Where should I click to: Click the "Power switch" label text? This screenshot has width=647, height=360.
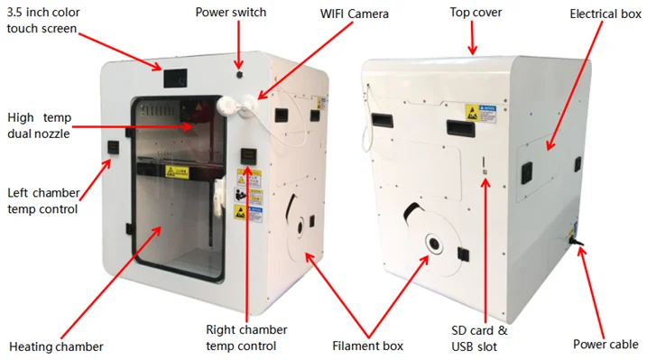[231, 14]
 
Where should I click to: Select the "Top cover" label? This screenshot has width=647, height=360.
[476, 13]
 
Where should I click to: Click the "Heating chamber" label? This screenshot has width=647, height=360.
[56, 346]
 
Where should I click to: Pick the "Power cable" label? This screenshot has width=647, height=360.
[605, 344]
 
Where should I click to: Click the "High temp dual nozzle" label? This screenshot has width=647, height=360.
[38, 125]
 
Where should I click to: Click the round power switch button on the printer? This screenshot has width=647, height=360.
[238, 76]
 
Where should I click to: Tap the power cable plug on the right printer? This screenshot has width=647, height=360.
[575, 238]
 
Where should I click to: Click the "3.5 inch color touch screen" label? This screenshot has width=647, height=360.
[42, 21]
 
